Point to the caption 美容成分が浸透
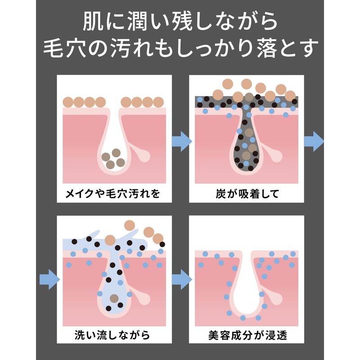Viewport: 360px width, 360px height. pyautogui.click(x=247, y=335)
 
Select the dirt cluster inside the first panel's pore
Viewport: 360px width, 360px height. pyautogui.click(x=113, y=158)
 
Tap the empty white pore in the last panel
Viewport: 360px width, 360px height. pyautogui.click(x=247, y=292)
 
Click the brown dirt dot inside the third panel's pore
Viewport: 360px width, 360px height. pyautogui.click(x=114, y=298)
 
